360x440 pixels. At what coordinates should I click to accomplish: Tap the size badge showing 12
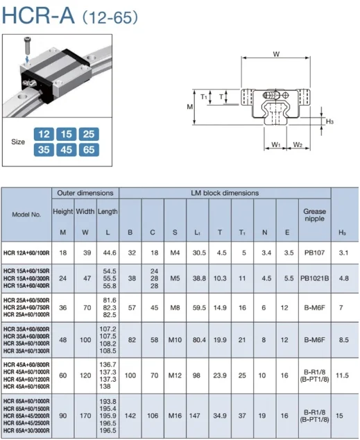(x=44, y=133)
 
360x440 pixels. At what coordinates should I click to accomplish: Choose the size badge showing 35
(x=44, y=150)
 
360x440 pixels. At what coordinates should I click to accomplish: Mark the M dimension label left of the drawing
(x=189, y=106)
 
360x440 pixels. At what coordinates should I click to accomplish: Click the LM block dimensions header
(x=225, y=192)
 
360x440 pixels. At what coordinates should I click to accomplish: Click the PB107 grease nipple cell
(x=314, y=253)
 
